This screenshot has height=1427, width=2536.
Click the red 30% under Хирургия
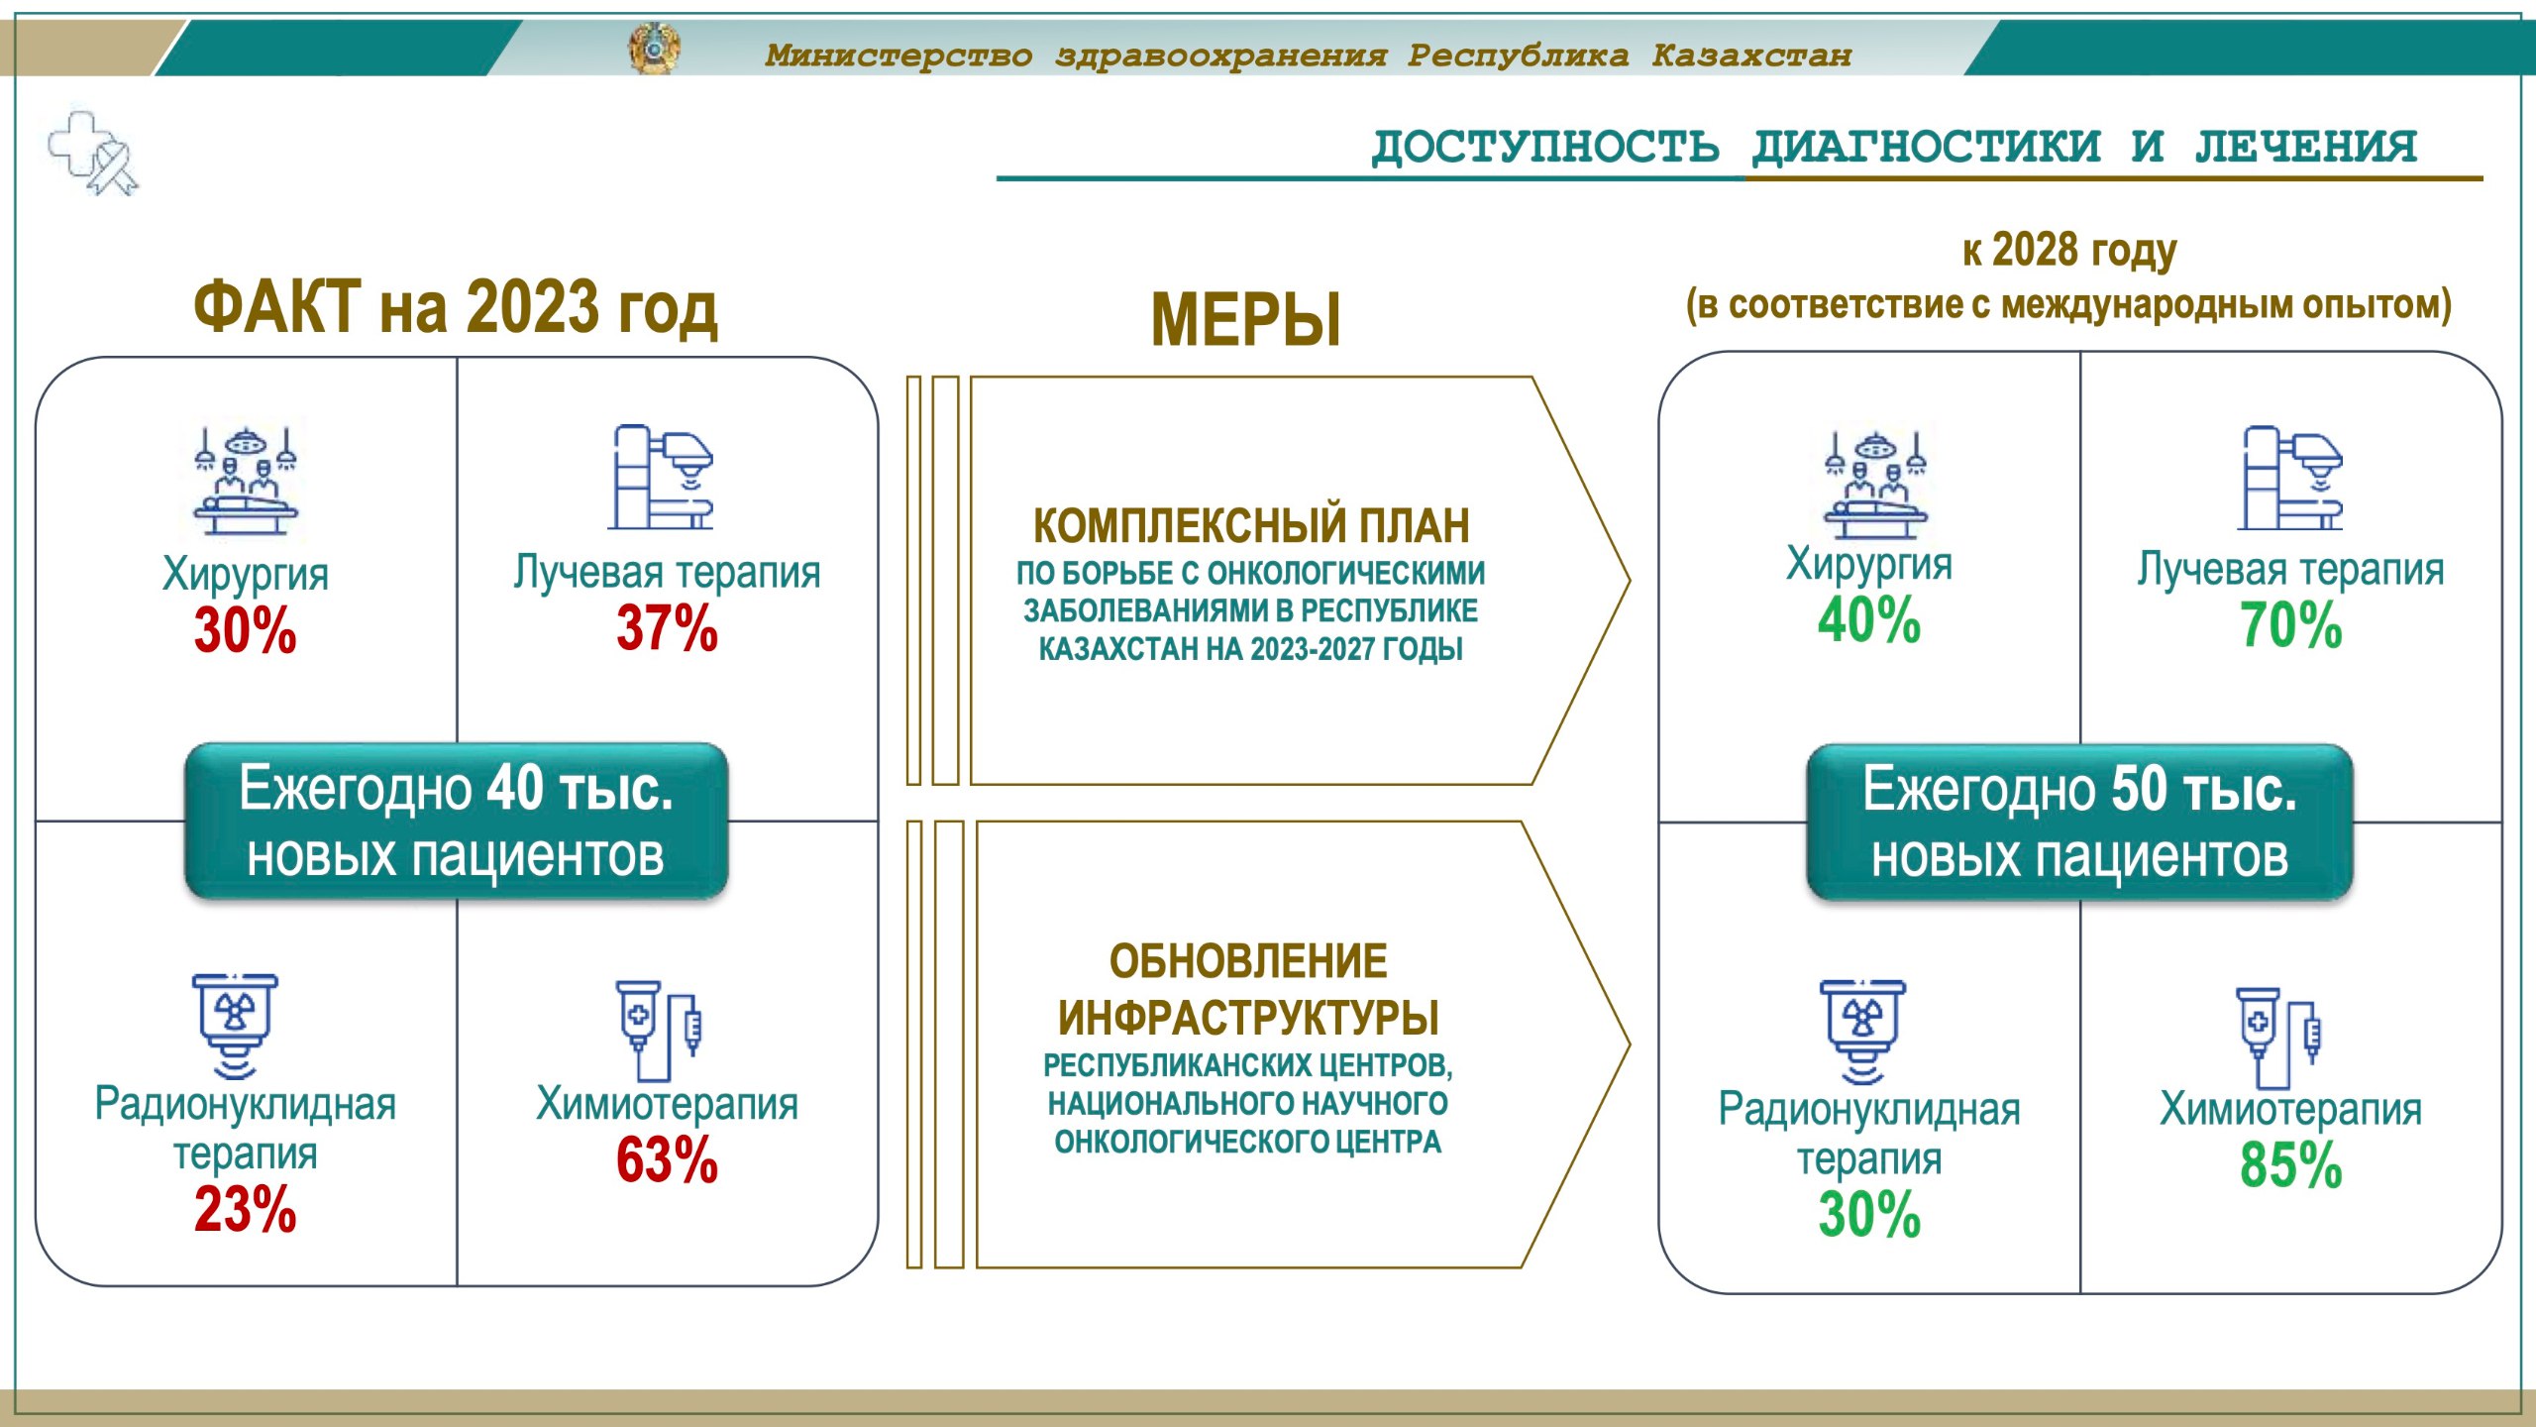pos(245,630)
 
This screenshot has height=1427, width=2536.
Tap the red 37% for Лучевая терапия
pos(667,628)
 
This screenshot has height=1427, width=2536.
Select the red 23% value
pos(245,1209)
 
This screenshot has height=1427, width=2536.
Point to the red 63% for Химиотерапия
pos(667,1160)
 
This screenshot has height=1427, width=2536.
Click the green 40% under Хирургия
pos(1868,620)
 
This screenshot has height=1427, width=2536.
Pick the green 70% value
pos(2290,625)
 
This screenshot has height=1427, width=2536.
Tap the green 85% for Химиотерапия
pos(2290,1165)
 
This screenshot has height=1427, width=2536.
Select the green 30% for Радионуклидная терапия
pos(1868,1215)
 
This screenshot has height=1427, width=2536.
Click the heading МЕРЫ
pos(1246,320)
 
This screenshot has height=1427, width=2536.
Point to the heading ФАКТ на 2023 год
pos(455,307)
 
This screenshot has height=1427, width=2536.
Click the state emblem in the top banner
pos(654,49)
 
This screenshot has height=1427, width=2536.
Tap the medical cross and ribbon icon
pos(94,154)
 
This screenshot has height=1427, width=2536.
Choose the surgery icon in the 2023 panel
pos(245,482)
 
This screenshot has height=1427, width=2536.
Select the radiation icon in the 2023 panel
pos(235,1027)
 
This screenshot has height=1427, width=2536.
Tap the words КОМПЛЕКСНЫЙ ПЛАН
pos(1251,525)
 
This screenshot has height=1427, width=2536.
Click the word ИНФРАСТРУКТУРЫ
pos(1248,1018)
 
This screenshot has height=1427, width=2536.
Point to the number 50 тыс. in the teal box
pos(2204,790)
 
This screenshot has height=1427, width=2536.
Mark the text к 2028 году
pos(2069,251)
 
